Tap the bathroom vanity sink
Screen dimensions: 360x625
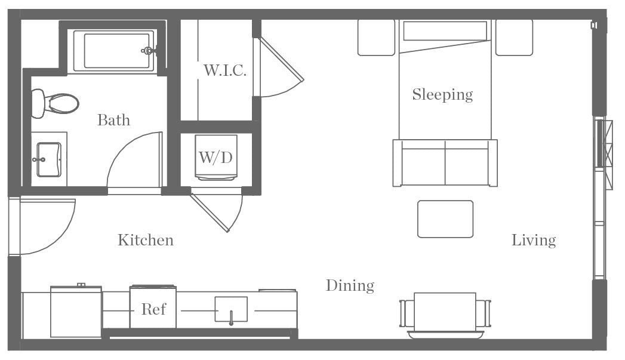(48, 159)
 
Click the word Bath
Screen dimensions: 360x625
(113, 120)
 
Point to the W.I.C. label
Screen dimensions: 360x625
(224, 70)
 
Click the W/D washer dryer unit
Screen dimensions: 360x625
(215, 157)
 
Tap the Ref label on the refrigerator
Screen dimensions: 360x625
(153, 310)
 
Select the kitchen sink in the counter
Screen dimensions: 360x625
(231, 309)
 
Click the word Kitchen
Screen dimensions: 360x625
(146, 240)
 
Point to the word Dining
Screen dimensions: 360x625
(350, 286)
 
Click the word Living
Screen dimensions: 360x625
(534, 240)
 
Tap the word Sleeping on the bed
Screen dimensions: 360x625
(442, 94)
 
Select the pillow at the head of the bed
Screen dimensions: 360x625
(445, 31)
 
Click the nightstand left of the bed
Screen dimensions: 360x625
(376, 38)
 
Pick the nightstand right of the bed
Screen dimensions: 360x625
(514, 38)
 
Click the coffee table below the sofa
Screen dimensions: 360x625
(445, 219)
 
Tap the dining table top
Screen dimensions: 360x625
(445, 312)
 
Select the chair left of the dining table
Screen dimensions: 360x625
(407, 313)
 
